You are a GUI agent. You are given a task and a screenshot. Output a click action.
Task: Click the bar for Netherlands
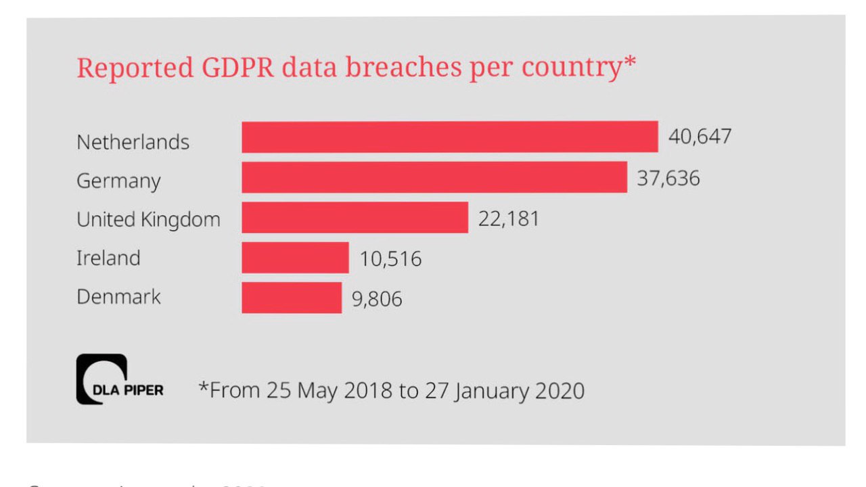pyautogui.click(x=450, y=137)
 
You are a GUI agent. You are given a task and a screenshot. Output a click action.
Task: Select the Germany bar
pyautogui.click(x=434, y=177)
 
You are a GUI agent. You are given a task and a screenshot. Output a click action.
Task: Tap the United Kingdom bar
pyautogui.click(x=355, y=217)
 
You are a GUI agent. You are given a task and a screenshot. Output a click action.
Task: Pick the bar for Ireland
pyautogui.click(x=295, y=258)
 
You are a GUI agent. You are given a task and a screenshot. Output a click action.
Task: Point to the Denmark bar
pyautogui.click(x=292, y=298)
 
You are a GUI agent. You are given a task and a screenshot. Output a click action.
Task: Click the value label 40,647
pyautogui.click(x=700, y=137)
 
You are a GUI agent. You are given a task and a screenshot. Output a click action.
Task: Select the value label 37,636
pyautogui.click(x=668, y=178)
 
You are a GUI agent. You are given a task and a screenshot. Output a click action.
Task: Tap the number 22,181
pyautogui.click(x=508, y=218)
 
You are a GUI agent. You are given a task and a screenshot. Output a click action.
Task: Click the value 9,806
pyautogui.click(x=376, y=299)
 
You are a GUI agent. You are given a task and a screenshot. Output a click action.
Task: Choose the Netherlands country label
pyautogui.click(x=133, y=142)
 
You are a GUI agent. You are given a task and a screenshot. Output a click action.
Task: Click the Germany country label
pyautogui.click(x=118, y=181)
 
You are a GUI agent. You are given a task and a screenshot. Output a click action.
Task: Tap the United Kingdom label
pyautogui.click(x=148, y=220)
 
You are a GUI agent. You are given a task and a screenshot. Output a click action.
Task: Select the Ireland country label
pyautogui.click(x=108, y=258)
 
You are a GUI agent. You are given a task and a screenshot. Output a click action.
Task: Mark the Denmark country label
pyautogui.click(x=118, y=297)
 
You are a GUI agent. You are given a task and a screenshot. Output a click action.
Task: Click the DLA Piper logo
pyautogui.click(x=119, y=379)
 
